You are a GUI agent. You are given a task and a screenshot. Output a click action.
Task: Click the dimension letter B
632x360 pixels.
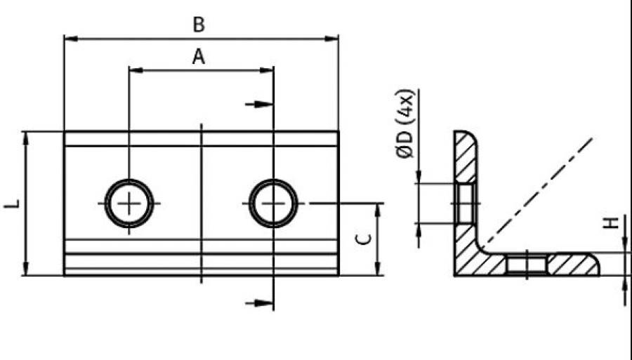(199, 25)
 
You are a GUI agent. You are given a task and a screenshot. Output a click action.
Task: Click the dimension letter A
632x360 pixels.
(198, 57)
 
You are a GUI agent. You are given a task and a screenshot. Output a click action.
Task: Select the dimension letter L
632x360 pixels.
(12, 204)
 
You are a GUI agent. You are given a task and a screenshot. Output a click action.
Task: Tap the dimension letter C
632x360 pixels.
(364, 239)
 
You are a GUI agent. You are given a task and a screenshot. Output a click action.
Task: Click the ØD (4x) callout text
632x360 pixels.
(404, 124)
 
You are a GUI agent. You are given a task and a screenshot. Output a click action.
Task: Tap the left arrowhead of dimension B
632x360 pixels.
(71, 39)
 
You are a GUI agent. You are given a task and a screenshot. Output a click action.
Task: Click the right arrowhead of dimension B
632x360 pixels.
(331, 39)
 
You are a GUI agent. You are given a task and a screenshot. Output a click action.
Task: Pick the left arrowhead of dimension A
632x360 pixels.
(136, 70)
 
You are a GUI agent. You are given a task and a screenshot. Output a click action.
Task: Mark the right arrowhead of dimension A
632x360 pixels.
(266, 70)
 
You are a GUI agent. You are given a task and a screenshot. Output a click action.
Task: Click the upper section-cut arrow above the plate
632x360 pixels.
(259, 105)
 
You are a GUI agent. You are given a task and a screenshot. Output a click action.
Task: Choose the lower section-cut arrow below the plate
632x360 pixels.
(259, 303)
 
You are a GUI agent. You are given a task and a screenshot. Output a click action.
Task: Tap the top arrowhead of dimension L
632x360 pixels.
(26, 138)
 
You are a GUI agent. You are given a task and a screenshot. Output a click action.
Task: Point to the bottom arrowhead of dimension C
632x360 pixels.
(378, 269)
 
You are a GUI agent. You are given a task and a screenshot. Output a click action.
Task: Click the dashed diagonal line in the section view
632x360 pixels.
(537, 192)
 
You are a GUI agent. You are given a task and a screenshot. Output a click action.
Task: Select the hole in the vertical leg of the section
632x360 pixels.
(466, 204)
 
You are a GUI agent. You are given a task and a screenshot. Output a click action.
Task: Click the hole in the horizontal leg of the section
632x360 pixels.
(527, 265)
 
